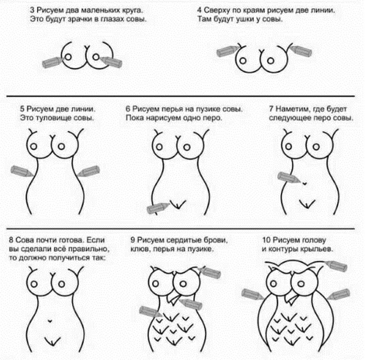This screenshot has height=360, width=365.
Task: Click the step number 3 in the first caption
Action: coord(32,10)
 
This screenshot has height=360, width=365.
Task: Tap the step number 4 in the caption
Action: coord(199,10)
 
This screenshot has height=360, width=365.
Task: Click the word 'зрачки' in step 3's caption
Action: coord(80,19)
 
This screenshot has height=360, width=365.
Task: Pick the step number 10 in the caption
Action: coord(266,240)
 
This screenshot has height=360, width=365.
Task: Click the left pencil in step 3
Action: coord(52,62)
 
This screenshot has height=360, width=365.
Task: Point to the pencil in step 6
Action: coord(158,208)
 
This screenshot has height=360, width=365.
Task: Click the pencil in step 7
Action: coord(289,178)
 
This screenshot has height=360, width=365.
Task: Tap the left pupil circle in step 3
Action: coord(68,57)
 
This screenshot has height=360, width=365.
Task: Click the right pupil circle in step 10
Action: coord(301,284)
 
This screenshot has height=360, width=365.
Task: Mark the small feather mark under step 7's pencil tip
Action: coord(304,184)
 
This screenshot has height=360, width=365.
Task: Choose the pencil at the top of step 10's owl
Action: coord(335,266)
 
